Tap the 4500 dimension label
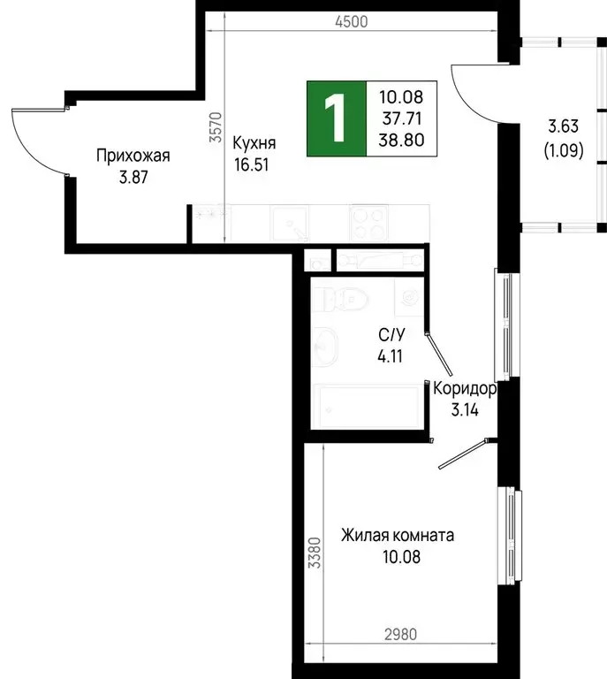[x=351, y=22]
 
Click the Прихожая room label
[x=133, y=156]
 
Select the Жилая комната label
[x=398, y=536]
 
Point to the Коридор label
[x=462, y=388]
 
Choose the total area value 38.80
[x=399, y=139]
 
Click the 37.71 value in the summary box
[x=399, y=118]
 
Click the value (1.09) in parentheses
[x=563, y=150]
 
